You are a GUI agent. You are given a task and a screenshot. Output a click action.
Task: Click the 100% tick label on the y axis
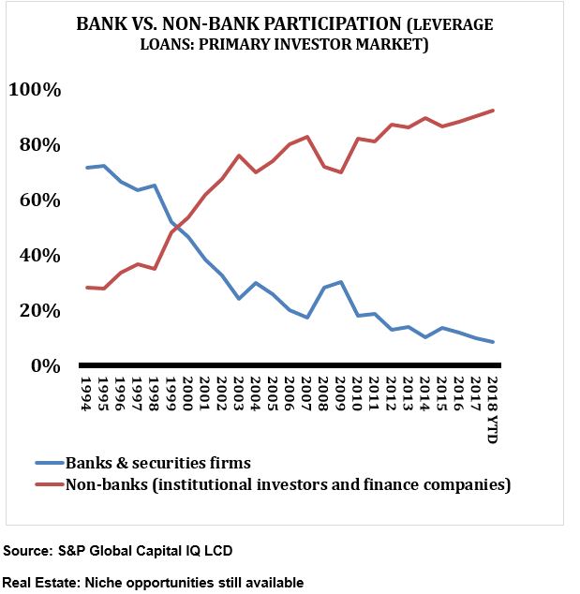pyautogui.click(x=35, y=90)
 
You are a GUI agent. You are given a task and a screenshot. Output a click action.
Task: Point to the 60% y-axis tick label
pyautogui.click(x=39, y=200)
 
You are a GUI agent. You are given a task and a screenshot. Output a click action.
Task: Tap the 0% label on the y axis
pyautogui.click(x=44, y=366)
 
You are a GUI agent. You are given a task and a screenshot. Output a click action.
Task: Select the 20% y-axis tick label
pyautogui.click(x=39, y=311)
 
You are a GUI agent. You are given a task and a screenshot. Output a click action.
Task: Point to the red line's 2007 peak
pyautogui.click(x=307, y=137)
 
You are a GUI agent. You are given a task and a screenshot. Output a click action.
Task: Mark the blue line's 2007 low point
pyautogui.click(x=307, y=318)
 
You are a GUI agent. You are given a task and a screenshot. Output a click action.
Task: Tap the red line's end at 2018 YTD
pyautogui.click(x=493, y=111)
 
